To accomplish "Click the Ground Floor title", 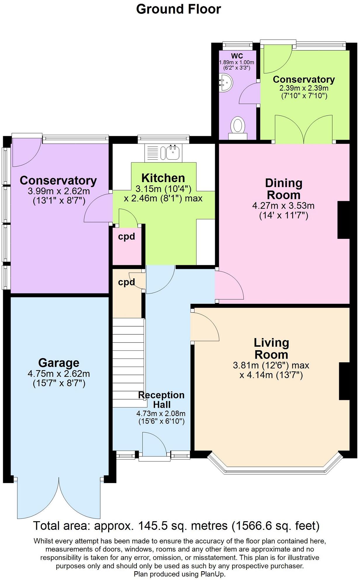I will [179, 9].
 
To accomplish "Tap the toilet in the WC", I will [237, 127].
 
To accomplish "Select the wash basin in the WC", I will [226, 82].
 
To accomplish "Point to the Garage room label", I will [59, 363].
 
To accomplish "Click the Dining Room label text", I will [283, 189].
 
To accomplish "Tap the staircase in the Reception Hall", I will [129, 362].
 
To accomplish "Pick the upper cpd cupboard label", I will [127, 236].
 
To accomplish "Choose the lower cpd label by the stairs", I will [127, 282].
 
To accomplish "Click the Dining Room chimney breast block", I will [344, 220].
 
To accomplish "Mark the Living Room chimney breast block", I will [344, 381].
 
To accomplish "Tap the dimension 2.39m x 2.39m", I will [304, 88].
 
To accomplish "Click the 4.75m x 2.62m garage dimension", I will [59, 374].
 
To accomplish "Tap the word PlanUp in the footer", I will [212, 574].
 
